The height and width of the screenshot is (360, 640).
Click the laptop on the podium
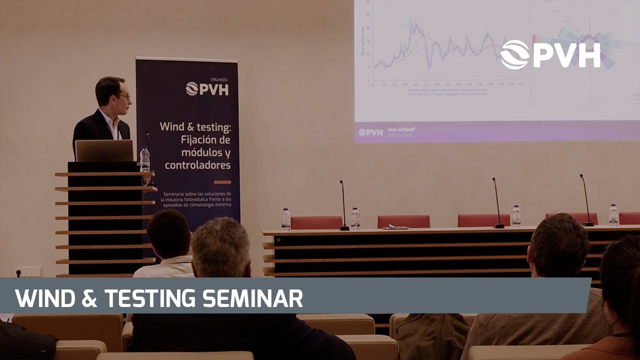104,150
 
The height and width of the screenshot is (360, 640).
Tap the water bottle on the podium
144,159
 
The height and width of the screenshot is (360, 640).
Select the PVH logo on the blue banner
207,88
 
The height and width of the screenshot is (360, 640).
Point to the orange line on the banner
222,182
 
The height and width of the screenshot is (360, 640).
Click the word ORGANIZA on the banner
219,79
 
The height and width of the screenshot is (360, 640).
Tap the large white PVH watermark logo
550,54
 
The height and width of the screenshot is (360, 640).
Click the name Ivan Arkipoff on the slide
398,129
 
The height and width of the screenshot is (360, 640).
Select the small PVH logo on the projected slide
370,132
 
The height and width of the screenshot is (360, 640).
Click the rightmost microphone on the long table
586,200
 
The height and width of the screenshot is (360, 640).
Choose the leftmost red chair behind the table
316,222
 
